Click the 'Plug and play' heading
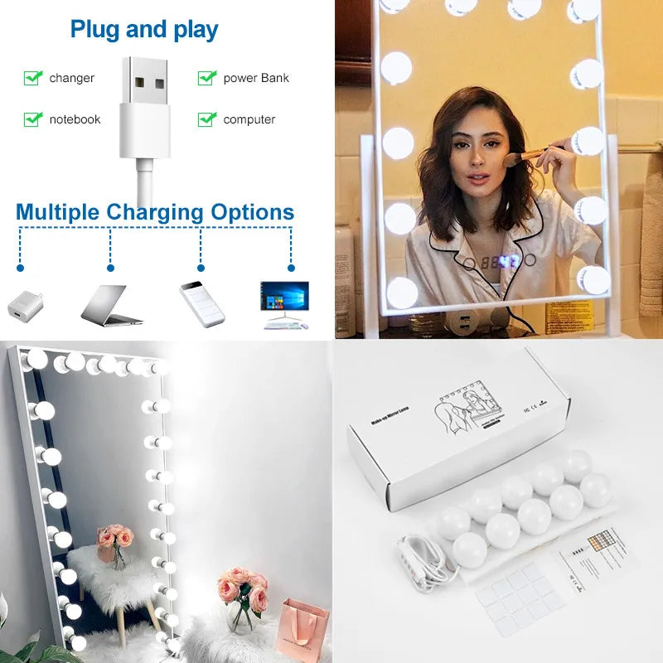[144, 30]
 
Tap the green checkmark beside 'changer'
[33, 78]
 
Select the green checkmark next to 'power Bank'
[206, 78]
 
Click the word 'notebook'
[75, 119]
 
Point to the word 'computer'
[249, 119]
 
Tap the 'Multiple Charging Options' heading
[155, 212]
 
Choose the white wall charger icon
[23, 303]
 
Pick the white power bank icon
[202, 302]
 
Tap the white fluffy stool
[116, 576]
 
